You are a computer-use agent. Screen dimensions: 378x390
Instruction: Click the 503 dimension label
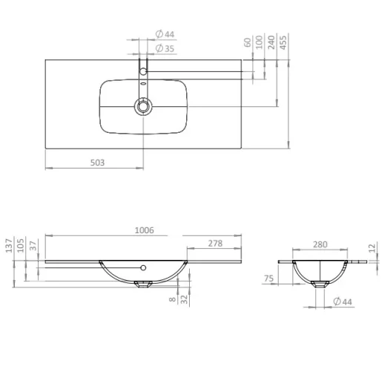tap(97, 162)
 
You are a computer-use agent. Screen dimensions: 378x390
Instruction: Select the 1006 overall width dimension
tap(145, 230)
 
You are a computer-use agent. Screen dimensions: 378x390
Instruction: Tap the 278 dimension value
tap(215, 243)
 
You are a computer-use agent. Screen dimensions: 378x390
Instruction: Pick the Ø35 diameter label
tap(165, 49)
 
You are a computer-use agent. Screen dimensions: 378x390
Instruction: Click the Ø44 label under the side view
tap(342, 301)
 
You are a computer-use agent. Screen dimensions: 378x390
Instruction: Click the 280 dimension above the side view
tap(320, 244)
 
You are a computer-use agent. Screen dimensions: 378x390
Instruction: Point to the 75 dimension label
tap(269, 279)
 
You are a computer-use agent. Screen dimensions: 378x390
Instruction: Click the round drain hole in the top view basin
tap(142, 106)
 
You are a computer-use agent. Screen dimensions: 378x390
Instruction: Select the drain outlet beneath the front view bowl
tap(145, 283)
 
